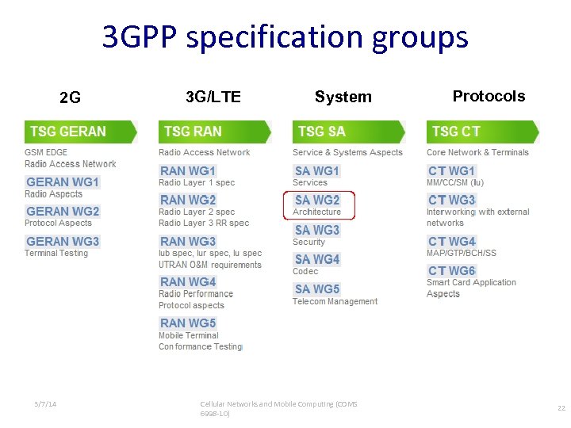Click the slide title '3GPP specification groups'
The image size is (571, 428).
click(x=285, y=37)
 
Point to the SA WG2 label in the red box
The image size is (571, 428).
click(x=317, y=201)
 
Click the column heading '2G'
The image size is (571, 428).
click(x=70, y=98)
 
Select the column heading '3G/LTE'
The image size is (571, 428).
click(x=213, y=97)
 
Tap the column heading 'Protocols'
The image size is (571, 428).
click(x=489, y=97)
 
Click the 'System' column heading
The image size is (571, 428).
click(x=343, y=97)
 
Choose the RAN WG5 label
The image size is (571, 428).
click(x=188, y=323)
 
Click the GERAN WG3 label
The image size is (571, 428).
click(x=63, y=242)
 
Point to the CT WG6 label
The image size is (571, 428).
click(x=452, y=271)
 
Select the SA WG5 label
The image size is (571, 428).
click(x=317, y=289)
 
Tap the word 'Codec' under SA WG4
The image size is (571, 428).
click(x=305, y=271)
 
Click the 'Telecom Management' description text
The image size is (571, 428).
click(x=335, y=301)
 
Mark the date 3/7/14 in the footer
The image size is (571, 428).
click(x=45, y=404)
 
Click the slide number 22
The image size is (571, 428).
click(x=561, y=408)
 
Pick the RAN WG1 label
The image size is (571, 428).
click(x=188, y=171)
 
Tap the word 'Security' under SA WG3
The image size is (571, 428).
click(x=308, y=242)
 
